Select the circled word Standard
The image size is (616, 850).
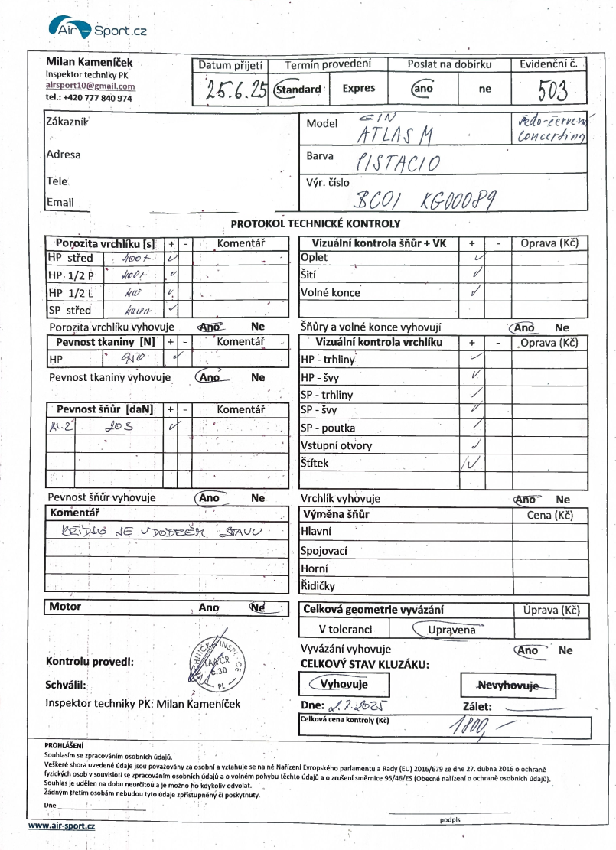(298, 90)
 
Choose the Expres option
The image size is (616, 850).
(358, 89)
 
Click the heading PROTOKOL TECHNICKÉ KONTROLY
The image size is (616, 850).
(315, 223)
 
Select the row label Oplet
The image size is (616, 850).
(315, 258)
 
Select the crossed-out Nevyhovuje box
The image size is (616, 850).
(508, 685)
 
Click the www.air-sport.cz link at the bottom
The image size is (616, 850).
(62, 826)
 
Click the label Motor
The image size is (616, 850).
(65, 607)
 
